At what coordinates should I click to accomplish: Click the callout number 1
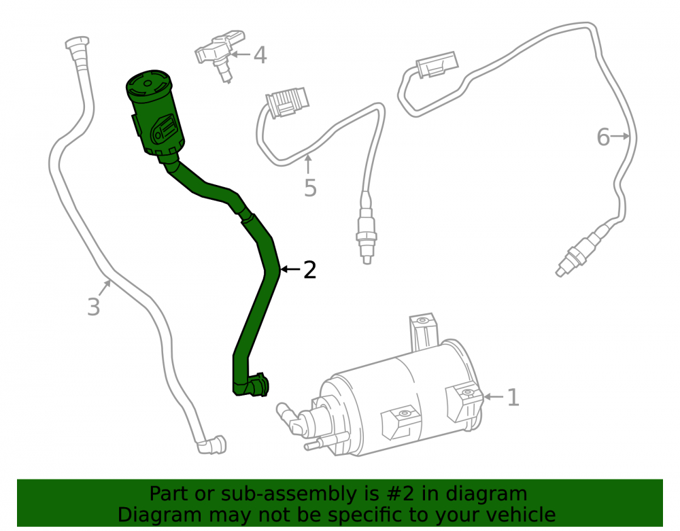[x=513, y=397]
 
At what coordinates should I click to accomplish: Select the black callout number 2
[x=309, y=270]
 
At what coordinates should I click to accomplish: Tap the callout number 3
[x=94, y=307]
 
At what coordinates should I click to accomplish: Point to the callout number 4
[x=260, y=55]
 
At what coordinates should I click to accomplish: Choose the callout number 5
[x=310, y=188]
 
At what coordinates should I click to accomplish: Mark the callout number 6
[x=603, y=137]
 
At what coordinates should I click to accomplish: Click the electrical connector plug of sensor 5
[x=287, y=103]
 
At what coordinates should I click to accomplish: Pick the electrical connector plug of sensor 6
[x=437, y=65]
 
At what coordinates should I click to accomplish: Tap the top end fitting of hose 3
[x=78, y=50]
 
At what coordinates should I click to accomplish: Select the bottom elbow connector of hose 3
[x=211, y=445]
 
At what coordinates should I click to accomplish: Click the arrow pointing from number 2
[x=290, y=270]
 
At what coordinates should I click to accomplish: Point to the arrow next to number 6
[x=620, y=136]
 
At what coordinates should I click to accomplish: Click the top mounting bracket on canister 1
[x=423, y=332]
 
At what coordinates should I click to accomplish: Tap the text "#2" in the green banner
[x=399, y=494]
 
